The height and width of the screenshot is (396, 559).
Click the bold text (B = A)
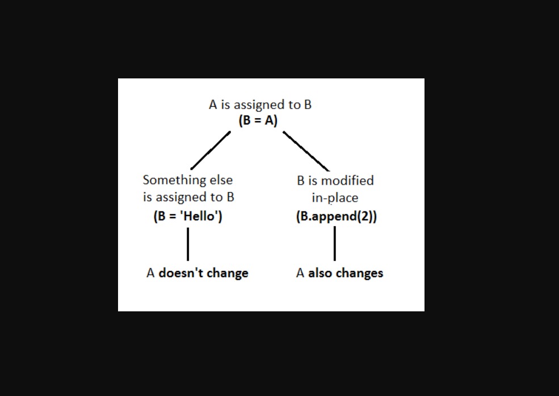258,120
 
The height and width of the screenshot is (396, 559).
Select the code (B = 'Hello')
188,216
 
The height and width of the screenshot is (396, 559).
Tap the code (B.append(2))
336,216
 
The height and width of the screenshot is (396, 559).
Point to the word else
221,180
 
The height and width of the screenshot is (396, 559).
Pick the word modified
347,181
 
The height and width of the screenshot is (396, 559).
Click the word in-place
335,198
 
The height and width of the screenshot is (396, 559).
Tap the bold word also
320,273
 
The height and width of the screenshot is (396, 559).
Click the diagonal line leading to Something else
211,151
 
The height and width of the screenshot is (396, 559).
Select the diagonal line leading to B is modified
306,151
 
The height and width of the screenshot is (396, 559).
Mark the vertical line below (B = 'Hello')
188,244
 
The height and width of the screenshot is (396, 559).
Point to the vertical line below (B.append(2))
335,244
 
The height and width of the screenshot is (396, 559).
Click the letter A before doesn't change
150,273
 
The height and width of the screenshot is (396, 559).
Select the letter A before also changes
300,273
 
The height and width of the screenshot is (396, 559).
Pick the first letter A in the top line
213,105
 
